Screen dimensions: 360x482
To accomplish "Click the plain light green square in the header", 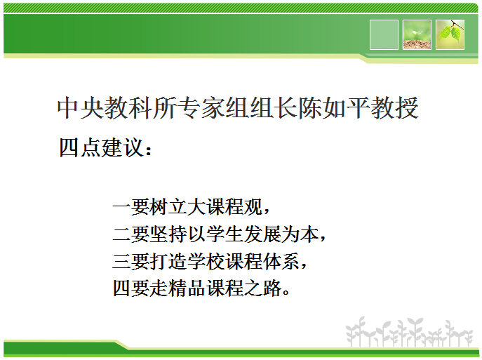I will click(x=383, y=34).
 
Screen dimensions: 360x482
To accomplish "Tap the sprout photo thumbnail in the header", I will click(x=417, y=34).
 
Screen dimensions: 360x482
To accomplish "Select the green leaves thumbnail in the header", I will click(x=450, y=34).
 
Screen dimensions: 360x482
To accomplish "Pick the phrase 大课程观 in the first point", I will click(x=215, y=207).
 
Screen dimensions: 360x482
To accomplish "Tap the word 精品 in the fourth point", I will click(x=194, y=288).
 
